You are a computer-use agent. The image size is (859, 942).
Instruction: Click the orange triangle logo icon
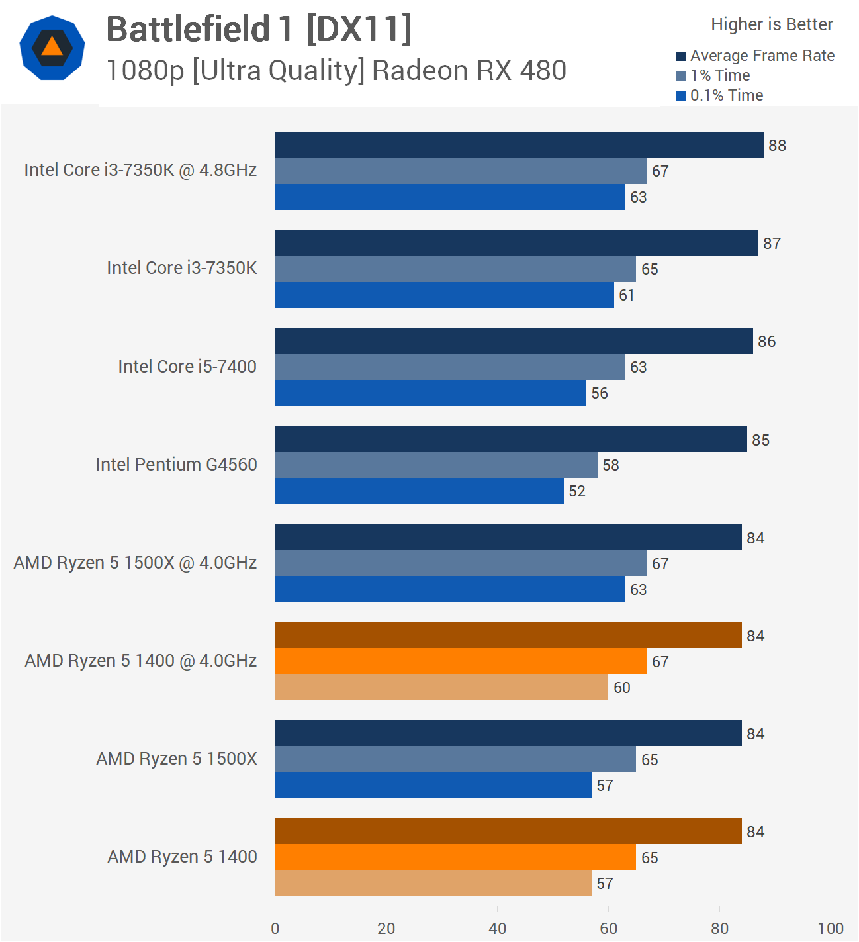click(52, 47)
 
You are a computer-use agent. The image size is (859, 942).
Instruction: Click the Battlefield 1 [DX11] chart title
click(259, 29)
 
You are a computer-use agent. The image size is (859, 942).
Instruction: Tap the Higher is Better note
click(772, 24)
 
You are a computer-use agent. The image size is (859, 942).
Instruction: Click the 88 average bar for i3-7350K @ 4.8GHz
click(520, 145)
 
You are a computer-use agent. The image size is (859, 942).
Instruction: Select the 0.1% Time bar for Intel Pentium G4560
click(420, 491)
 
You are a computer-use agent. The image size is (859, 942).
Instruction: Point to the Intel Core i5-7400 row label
click(187, 367)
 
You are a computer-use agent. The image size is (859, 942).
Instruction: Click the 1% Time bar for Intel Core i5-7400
click(450, 367)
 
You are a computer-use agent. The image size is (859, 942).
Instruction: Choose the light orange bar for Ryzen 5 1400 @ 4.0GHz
click(441, 686)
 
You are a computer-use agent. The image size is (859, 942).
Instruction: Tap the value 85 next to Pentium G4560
click(760, 440)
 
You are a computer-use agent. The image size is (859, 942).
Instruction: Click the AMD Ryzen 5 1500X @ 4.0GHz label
click(135, 563)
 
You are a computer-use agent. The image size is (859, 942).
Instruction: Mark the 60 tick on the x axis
click(608, 928)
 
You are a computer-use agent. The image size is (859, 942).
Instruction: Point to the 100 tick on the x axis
click(830, 928)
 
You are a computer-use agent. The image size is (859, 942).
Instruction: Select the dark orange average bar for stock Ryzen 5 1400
click(508, 831)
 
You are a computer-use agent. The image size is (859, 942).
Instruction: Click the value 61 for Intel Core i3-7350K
click(627, 295)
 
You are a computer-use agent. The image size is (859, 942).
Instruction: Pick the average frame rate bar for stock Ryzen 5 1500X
click(508, 733)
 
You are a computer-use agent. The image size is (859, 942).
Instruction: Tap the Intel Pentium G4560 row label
click(176, 465)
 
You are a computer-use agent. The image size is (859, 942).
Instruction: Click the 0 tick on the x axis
click(275, 928)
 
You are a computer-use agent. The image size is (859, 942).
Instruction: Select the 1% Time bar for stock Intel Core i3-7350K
click(455, 269)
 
